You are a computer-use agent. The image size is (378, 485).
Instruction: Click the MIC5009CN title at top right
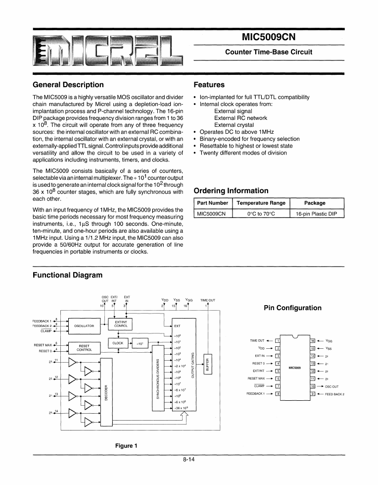click(x=268, y=37)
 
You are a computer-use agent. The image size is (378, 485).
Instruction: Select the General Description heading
click(x=68, y=85)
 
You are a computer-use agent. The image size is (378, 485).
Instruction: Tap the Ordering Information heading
click(x=231, y=191)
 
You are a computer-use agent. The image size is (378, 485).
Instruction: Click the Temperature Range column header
click(x=261, y=203)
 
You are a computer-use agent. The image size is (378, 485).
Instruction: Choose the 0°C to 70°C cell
click(x=261, y=214)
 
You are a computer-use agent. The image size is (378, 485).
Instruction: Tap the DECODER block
click(x=106, y=391)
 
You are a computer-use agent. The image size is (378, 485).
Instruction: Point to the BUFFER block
click(x=208, y=365)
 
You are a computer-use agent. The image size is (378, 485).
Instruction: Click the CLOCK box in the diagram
click(x=118, y=343)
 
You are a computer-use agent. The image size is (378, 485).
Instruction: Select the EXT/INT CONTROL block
click(x=121, y=324)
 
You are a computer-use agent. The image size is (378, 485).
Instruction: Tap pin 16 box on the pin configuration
click(x=313, y=341)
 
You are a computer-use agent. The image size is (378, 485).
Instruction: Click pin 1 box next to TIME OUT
click(x=278, y=341)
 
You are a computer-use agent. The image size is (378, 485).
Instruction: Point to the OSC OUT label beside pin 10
click(x=331, y=386)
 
